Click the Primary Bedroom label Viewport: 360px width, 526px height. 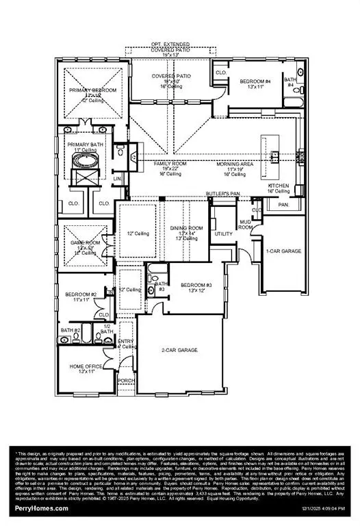click(x=92, y=90)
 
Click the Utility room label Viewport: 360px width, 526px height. click(x=223, y=234)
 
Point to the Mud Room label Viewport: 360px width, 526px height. click(x=246, y=224)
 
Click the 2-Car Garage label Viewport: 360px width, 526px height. click(x=179, y=350)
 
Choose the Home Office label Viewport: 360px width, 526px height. click(x=86, y=366)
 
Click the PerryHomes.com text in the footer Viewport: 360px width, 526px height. click(x=42, y=508)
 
